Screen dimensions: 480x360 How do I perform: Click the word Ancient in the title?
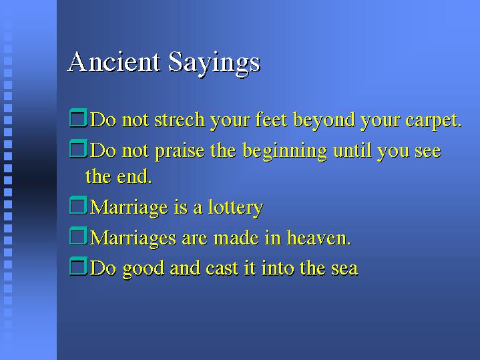pos(113,62)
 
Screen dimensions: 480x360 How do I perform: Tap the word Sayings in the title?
pos(214,64)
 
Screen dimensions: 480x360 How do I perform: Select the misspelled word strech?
pos(180,120)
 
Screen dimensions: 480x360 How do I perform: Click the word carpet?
pos(433,121)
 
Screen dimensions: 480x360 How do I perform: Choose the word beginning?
pos(284,152)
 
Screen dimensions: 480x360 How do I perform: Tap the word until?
pos(352,150)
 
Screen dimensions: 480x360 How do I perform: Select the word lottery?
pos(236,208)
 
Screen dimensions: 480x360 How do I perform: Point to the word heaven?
pos(318,238)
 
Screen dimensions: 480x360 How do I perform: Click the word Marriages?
pos(134,239)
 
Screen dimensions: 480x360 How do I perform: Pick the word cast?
pos(222,268)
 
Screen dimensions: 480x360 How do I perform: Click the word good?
pos(144,269)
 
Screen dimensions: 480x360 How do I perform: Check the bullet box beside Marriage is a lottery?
pos(79,205)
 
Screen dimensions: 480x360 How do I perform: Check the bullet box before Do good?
pos(79,266)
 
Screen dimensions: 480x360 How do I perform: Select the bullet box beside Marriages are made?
pos(79,236)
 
